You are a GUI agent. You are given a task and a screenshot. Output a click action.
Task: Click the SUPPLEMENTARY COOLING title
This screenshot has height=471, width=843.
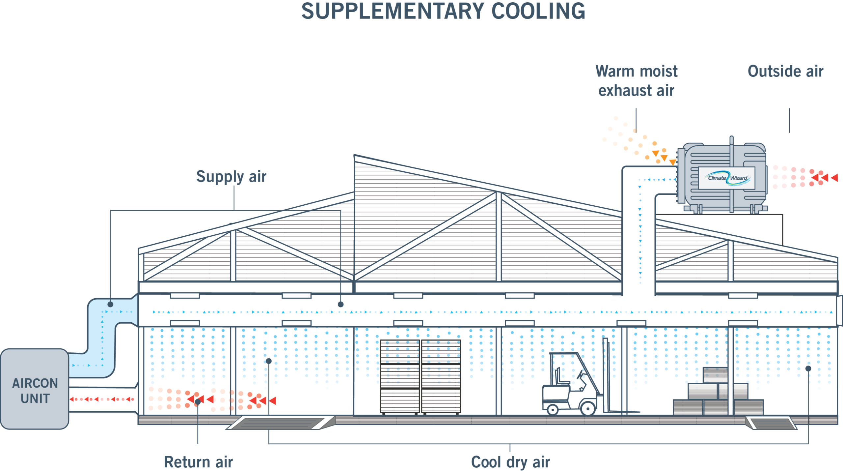pyautogui.click(x=443, y=11)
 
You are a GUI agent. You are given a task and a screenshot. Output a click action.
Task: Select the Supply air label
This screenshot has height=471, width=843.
pyautogui.click(x=231, y=176)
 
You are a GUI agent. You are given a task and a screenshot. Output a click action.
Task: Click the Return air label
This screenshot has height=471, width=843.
pyautogui.click(x=198, y=462)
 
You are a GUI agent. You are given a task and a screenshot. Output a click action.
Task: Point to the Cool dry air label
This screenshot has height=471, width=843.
pyautogui.click(x=510, y=462)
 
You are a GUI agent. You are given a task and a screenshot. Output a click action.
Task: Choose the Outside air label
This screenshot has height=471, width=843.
pyautogui.click(x=785, y=72)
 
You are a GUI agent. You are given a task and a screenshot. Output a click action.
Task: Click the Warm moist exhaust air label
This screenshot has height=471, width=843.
pyautogui.click(x=636, y=81)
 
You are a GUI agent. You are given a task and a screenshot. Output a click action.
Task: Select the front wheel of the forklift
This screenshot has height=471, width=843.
pyautogui.click(x=588, y=409)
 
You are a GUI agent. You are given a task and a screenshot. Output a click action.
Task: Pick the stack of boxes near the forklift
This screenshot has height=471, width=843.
pyautogui.click(x=718, y=396)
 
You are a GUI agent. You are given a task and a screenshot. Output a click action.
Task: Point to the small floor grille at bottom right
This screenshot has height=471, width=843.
pyautogui.click(x=771, y=423)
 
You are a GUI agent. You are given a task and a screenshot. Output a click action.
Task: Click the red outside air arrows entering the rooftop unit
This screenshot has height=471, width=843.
pyautogui.click(x=803, y=178)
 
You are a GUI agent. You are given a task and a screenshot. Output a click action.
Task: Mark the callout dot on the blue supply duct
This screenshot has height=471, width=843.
pyautogui.click(x=110, y=304)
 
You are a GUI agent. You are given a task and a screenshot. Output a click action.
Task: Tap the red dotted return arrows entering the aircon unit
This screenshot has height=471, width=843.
pyautogui.click(x=102, y=399)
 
